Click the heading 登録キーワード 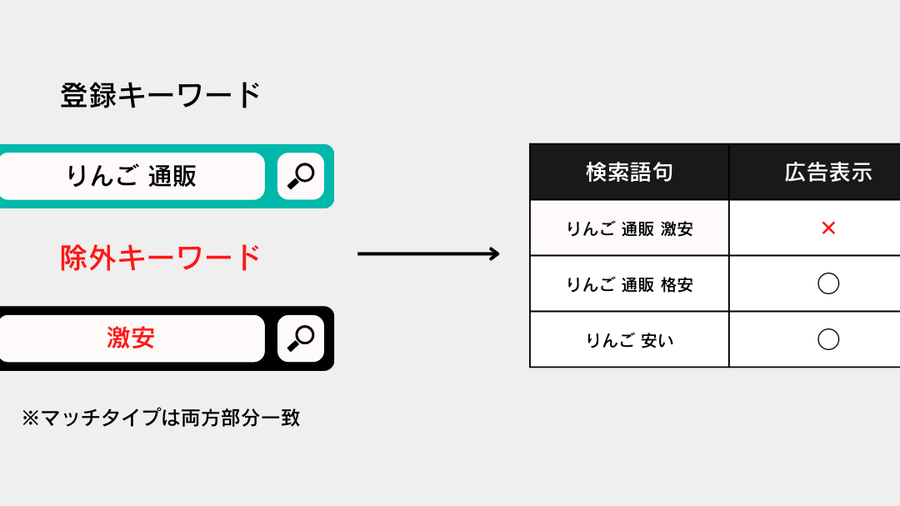(160, 95)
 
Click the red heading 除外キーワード (160, 258)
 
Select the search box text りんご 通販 (132, 176)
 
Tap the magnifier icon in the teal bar (301, 177)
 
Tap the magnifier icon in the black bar (301, 338)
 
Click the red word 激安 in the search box (131, 338)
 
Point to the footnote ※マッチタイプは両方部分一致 (161, 418)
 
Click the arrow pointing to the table (428, 253)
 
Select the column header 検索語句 (629, 173)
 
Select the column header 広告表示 (828, 173)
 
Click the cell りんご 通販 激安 (630, 228)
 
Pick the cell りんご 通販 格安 (630, 284)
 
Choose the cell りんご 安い (630, 341)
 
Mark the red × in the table (828, 228)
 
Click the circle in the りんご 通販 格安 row (828, 273)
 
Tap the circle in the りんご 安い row (828, 329)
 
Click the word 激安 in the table (677, 228)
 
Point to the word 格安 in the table (677, 284)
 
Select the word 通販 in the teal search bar (172, 176)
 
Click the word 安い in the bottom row (657, 341)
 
